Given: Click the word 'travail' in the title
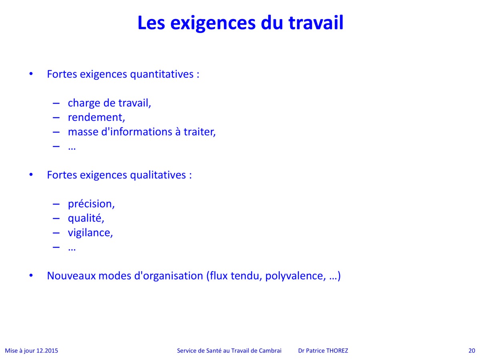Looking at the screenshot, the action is [x=316, y=22].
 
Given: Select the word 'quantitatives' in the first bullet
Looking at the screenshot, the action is [x=162, y=74].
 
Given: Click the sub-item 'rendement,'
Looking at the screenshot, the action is [x=96, y=117].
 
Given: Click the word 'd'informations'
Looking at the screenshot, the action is [x=137, y=132].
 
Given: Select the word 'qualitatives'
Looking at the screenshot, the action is [x=158, y=175].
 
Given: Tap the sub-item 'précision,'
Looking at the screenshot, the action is [x=91, y=204].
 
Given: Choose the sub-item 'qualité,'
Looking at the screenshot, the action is [x=86, y=218].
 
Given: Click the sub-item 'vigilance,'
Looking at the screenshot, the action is [x=90, y=232].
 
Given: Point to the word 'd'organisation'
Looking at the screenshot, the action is [x=169, y=276].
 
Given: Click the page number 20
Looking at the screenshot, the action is [x=472, y=351].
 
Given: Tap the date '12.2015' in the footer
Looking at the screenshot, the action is [x=47, y=351].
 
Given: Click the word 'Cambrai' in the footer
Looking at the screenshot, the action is [x=270, y=351].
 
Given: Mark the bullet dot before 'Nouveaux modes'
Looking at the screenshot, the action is [x=31, y=276].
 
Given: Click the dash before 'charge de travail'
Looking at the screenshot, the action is [x=56, y=103].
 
